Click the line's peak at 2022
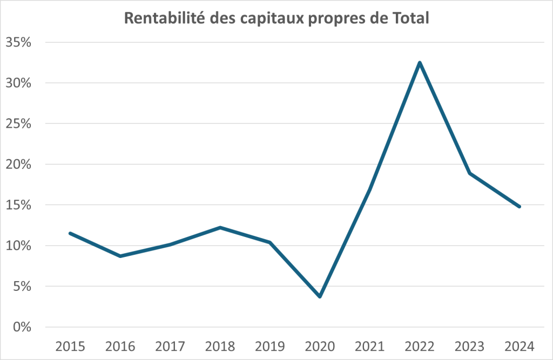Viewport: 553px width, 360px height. [420, 63]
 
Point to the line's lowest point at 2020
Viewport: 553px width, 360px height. [320, 296]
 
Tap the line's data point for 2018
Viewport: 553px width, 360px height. [220, 227]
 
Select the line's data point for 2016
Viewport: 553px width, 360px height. [120, 256]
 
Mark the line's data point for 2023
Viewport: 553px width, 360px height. [470, 173]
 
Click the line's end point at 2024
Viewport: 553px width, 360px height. [520, 207]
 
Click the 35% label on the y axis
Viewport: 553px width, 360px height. [19, 43]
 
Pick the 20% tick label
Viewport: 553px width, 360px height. [19, 165]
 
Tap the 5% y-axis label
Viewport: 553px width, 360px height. [23, 287]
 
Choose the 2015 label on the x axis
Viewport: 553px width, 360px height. [70, 345]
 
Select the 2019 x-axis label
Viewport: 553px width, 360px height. [270, 345]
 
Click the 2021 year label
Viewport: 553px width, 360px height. [370, 345]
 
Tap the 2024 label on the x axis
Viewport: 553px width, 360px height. [520, 345]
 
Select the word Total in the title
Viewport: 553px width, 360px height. [411, 18]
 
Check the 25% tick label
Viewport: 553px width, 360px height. [19, 124]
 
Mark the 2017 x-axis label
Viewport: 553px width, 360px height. [170, 345]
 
